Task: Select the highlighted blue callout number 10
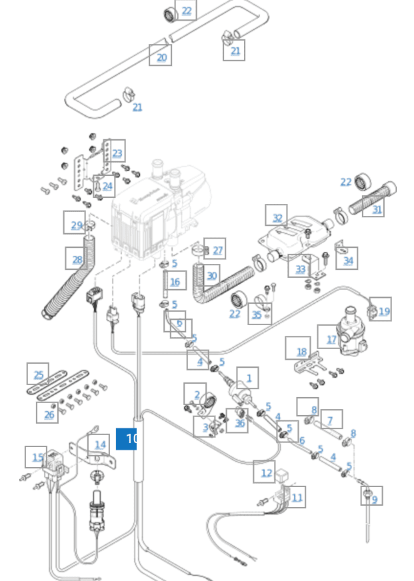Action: click(x=127, y=438)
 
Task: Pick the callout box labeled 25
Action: click(x=38, y=374)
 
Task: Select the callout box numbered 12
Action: click(x=265, y=472)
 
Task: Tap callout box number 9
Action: click(x=372, y=497)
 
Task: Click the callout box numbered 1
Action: click(x=248, y=378)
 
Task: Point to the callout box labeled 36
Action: click(x=237, y=421)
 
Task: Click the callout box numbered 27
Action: click(x=215, y=249)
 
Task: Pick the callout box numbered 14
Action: click(x=99, y=444)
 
